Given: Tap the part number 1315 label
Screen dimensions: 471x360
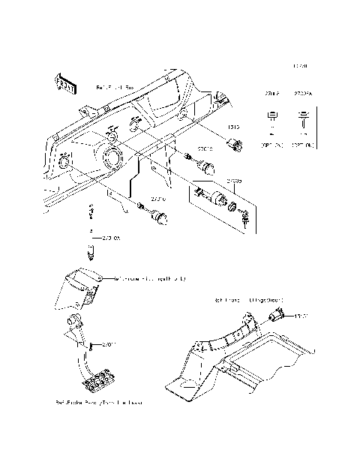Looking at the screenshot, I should pos(232,128).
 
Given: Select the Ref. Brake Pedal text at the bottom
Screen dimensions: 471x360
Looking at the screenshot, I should pos(98,403).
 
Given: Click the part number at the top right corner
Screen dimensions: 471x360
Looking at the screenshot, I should pos(299,67).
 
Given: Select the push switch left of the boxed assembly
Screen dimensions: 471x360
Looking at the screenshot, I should pos(159,217).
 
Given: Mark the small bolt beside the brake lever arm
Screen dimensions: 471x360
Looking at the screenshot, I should pos(91,346).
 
